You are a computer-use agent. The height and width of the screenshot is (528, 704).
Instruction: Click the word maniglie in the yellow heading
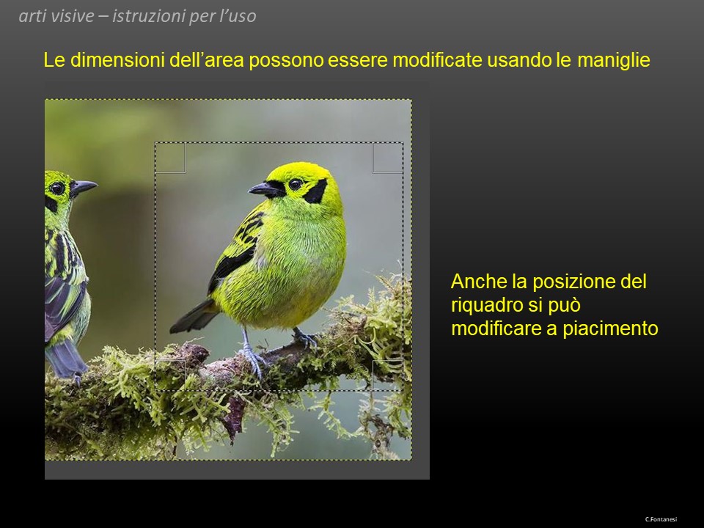click(614, 60)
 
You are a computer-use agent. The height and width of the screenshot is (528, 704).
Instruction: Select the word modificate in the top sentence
click(437, 60)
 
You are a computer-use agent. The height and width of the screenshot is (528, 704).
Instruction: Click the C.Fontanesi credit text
click(661, 519)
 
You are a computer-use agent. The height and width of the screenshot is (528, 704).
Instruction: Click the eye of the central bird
click(296, 184)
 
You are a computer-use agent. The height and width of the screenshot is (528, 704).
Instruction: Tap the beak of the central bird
click(265, 189)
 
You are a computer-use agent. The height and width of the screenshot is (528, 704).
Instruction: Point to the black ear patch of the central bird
click(316, 191)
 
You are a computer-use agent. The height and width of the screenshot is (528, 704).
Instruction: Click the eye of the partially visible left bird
click(57, 188)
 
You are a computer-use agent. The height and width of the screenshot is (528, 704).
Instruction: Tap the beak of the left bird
click(83, 187)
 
